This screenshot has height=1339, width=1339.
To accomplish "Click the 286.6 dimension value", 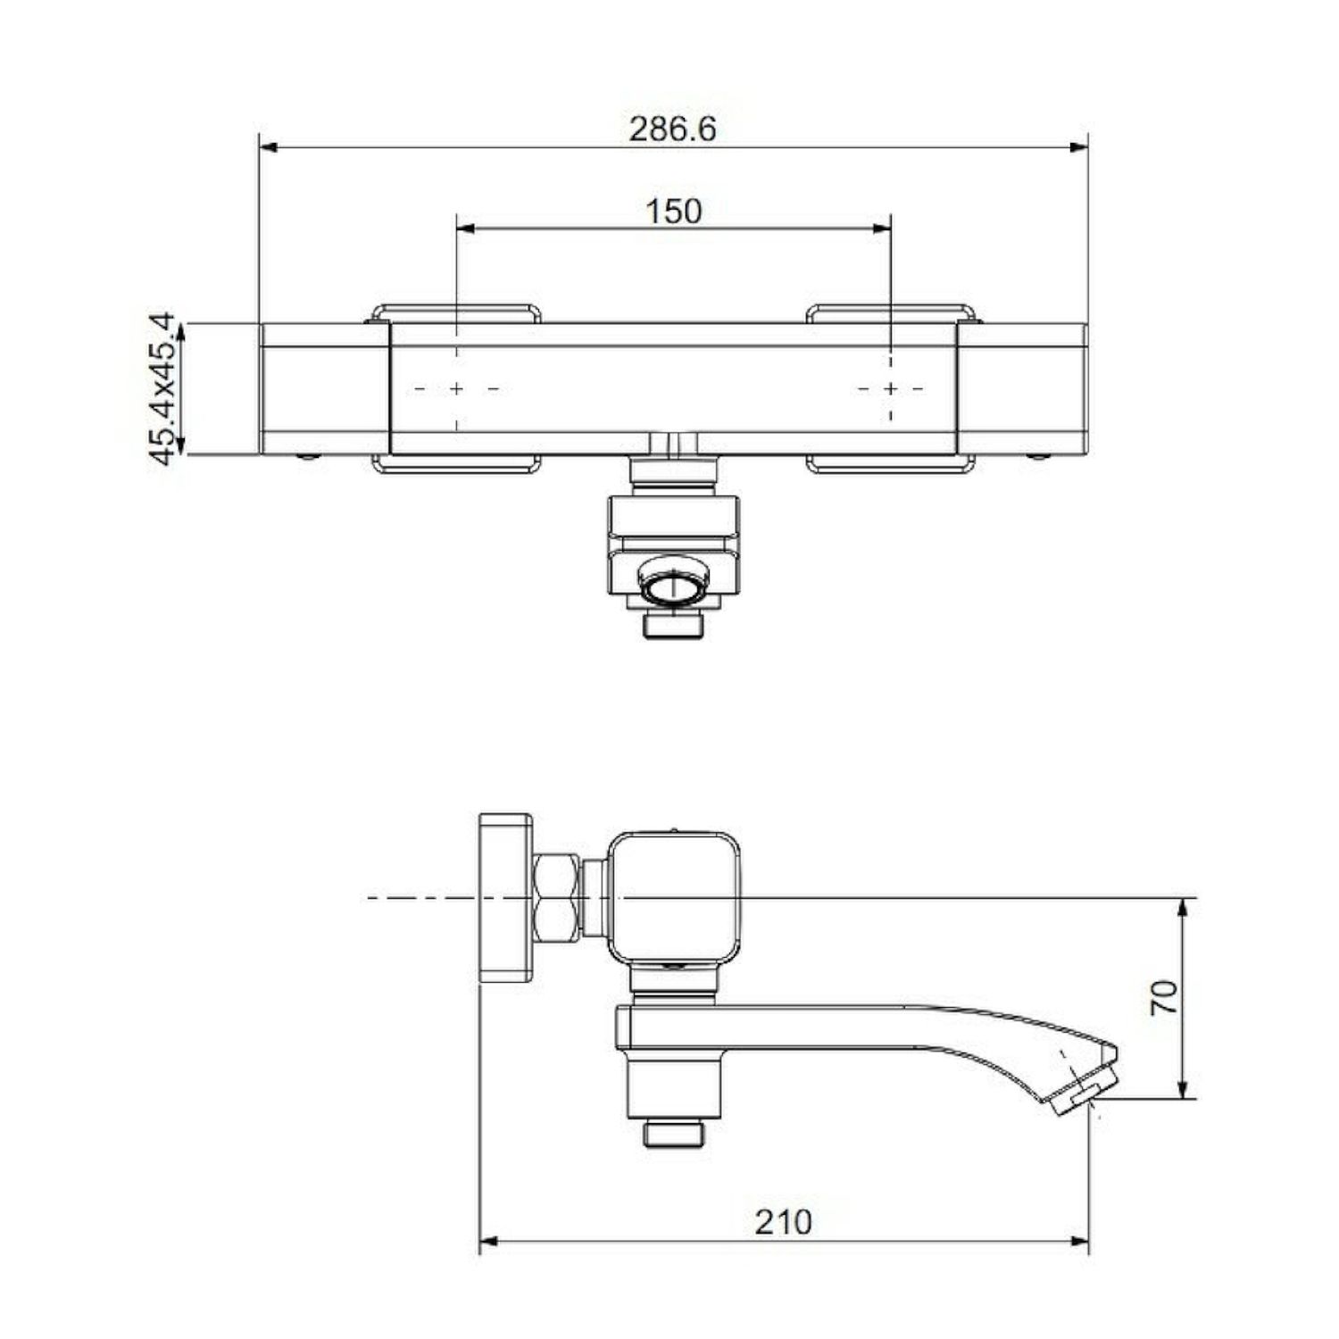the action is pyautogui.click(x=672, y=129).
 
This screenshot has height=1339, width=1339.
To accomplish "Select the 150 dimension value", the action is pyautogui.click(x=673, y=212).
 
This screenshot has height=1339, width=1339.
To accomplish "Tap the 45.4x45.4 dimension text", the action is pyautogui.click(x=162, y=389).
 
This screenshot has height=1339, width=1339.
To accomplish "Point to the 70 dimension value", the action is pyautogui.click(x=1163, y=997).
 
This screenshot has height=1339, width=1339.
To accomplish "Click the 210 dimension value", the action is pyautogui.click(x=784, y=1222).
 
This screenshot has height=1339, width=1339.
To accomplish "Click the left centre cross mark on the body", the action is pyautogui.click(x=456, y=389).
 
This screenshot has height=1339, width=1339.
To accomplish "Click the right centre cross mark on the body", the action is pyautogui.click(x=891, y=389).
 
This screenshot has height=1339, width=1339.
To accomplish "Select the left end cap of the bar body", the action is pyautogui.click(x=325, y=389).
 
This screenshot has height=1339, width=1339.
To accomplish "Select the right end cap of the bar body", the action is pyautogui.click(x=1022, y=389).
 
